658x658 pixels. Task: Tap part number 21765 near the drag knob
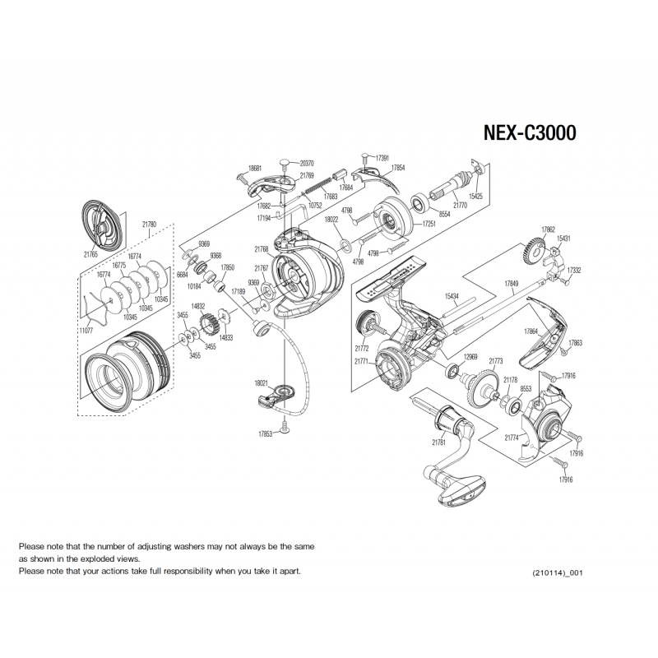tap(90, 256)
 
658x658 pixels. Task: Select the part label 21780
tap(149, 224)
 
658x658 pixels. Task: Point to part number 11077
tap(86, 329)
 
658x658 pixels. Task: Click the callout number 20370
tap(307, 163)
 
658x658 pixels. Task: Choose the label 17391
tap(382, 157)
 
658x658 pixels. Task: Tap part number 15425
tap(475, 197)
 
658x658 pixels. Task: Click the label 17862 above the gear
tap(548, 229)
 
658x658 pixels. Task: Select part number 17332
tap(574, 270)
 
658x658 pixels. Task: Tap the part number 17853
tap(265, 434)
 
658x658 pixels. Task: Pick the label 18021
tap(262, 383)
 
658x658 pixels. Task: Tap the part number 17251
tap(429, 224)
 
